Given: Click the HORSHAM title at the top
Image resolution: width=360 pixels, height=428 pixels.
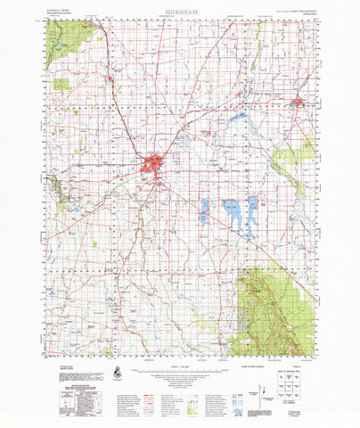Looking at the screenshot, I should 179,12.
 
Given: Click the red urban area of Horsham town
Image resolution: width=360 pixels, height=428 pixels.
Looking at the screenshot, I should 153,164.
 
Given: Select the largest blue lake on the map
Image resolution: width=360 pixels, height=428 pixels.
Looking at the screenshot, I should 234,213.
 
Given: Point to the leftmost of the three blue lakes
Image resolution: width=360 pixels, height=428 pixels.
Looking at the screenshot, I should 205,210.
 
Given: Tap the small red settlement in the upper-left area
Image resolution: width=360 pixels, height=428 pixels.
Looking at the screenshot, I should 110,81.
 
